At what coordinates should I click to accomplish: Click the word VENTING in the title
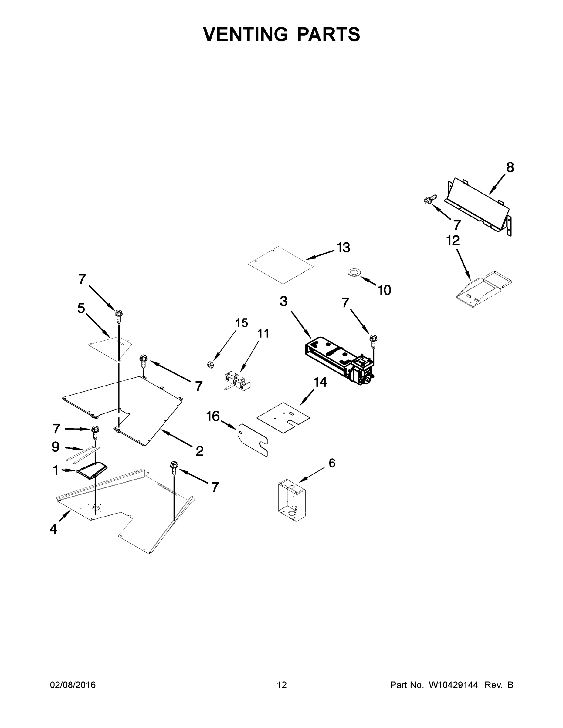click(x=245, y=34)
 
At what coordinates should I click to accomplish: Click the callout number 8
click(x=510, y=167)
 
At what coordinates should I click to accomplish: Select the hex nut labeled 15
click(x=210, y=365)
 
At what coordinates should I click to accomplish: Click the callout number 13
click(x=343, y=248)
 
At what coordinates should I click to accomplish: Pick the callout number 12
click(x=453, y=240)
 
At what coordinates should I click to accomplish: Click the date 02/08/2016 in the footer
click(x=73, y=685)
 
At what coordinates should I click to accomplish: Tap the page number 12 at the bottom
click(x=282, y=685)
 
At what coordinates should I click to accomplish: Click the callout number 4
click(x=53, y=529)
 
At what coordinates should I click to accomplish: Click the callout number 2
click(x=199, y=451)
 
